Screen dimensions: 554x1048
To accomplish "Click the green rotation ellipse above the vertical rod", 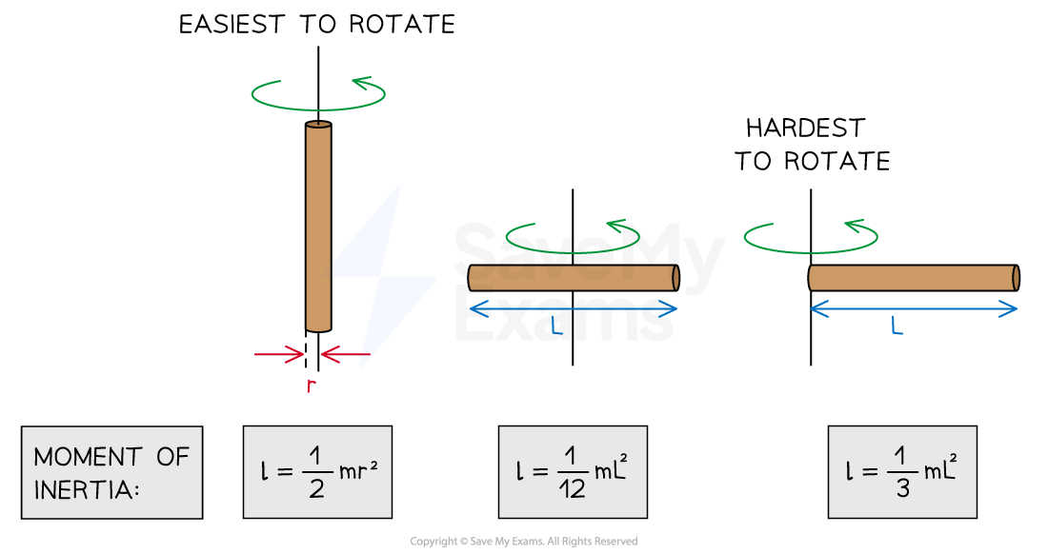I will pyautogui.click(x=318, y=93).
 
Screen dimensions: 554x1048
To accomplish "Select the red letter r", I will pyautogui.click(x=310, y=386).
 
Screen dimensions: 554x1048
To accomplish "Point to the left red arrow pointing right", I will pyautogui.click(x=278, y=355).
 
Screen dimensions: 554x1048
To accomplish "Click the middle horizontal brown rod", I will pyautogui.click(x=573, y=278).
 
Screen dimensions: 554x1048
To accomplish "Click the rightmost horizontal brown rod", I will pyautogui.click(x=913, y=278).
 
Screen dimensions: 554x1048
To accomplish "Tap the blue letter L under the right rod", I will pyautogui.click(x=897, y=326).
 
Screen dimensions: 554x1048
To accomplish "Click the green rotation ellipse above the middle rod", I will pyautogui.click(x=572, y=237).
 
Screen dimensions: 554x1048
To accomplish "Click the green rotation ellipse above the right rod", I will pyautogui.click(x=811, y=237).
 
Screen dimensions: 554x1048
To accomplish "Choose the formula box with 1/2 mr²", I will pyautogui.click(x=317, y=472).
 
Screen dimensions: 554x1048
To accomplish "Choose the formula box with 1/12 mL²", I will pyautogui.click(x=573, y=472).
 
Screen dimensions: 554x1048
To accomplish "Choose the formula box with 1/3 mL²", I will pyautogui.click(x=901, y=472).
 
